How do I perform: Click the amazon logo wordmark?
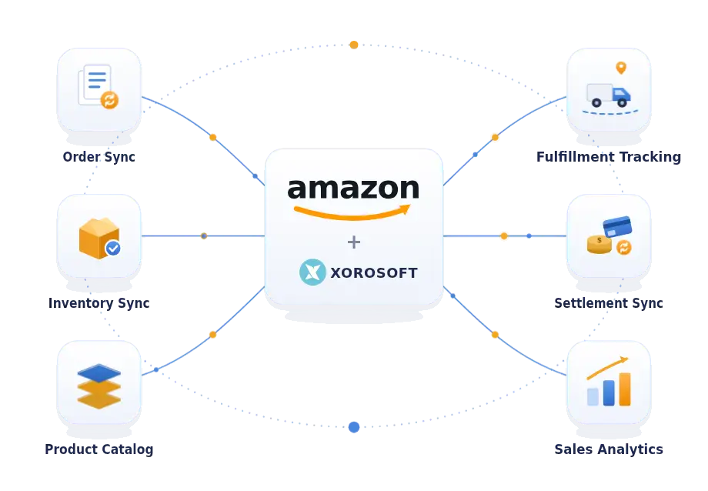(353, 189)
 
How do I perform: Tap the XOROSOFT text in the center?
(374, 273)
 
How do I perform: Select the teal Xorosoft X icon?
(312, 272)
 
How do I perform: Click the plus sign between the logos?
(354, 242)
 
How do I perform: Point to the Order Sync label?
(99, 157)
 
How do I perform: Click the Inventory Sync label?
(99, 302)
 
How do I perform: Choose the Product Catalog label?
(99, 449)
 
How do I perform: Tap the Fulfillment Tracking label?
(609, 157)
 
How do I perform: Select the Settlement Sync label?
(609, 302)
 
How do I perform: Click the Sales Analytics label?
(609, 449)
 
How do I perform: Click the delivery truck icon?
(608, 95)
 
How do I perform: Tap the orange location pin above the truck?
(621, 68)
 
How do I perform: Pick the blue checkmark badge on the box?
(113, 248)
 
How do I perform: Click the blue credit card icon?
(617, 226)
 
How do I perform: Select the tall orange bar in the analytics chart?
(625, 389)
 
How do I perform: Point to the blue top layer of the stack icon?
(99, 373)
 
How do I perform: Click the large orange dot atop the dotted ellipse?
(354, 45)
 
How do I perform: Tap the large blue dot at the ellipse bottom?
(354, 427)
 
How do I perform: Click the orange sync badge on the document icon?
(109, 100)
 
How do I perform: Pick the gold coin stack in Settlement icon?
(599, 245)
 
